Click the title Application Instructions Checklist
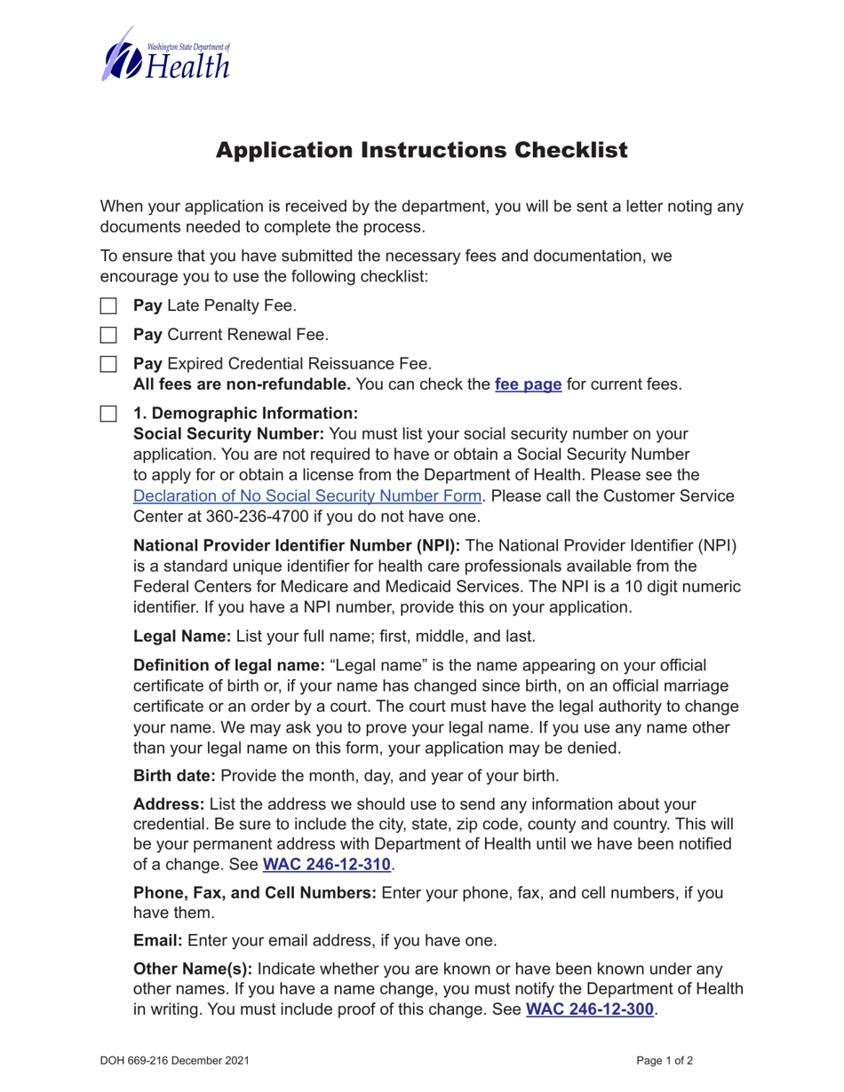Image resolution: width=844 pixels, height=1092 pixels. click(422, 149)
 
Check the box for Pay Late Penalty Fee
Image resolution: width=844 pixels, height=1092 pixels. click(107, 306)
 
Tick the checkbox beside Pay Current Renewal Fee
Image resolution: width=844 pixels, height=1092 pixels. click(107, 336)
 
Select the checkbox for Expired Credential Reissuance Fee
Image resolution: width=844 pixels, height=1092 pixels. click(107, 364)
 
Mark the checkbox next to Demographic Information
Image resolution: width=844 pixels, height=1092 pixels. click(107, 414)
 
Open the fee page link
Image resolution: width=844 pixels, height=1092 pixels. click(528, 385)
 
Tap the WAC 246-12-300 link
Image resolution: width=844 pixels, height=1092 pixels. click(590, 1009)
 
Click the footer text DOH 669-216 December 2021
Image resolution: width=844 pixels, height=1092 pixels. click(174, 1060)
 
